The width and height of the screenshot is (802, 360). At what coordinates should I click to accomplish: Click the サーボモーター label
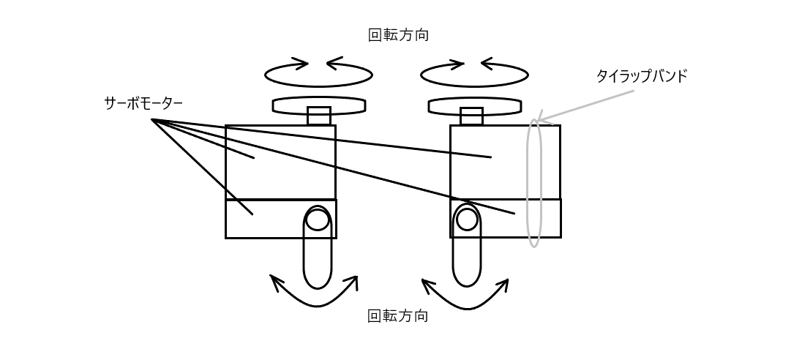point(143,104)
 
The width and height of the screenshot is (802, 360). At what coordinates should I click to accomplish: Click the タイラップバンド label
point(642,76)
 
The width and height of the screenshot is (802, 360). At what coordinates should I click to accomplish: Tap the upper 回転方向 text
point(399,35)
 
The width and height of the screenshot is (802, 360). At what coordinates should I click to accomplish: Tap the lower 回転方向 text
point(398,315)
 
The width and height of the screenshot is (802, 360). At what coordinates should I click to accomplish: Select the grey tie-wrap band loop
point(528,182)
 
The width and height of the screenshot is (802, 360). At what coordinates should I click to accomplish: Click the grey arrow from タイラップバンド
point(585,106)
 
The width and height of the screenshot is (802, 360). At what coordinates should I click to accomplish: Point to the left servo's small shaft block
point(319,116)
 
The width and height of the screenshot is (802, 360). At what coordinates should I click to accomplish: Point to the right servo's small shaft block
point(471,116)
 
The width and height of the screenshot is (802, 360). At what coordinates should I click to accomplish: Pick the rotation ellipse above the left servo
point(318,86)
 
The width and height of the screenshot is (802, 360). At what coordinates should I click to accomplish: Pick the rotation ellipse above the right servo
point(474,86)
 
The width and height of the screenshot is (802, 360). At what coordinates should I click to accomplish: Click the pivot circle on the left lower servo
point(317,220)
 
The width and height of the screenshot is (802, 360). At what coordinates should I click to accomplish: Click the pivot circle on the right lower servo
point(467,220)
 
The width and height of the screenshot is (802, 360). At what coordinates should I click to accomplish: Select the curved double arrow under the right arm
point(467,308)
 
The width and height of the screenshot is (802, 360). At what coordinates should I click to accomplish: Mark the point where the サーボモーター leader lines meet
point(152,120)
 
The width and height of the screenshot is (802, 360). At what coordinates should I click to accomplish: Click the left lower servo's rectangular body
point(281,219)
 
